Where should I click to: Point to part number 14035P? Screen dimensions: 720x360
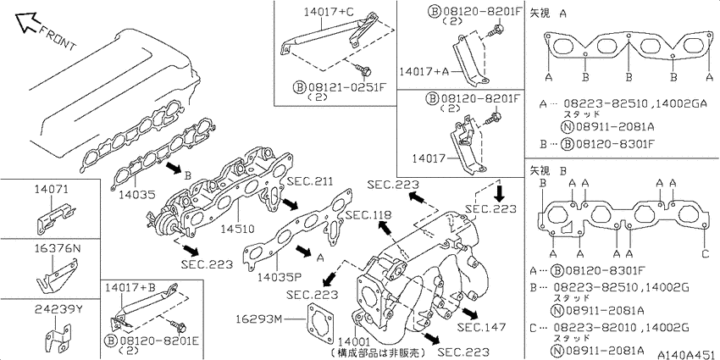tap(280, 277)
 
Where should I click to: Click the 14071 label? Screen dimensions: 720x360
tap(51, 188)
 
